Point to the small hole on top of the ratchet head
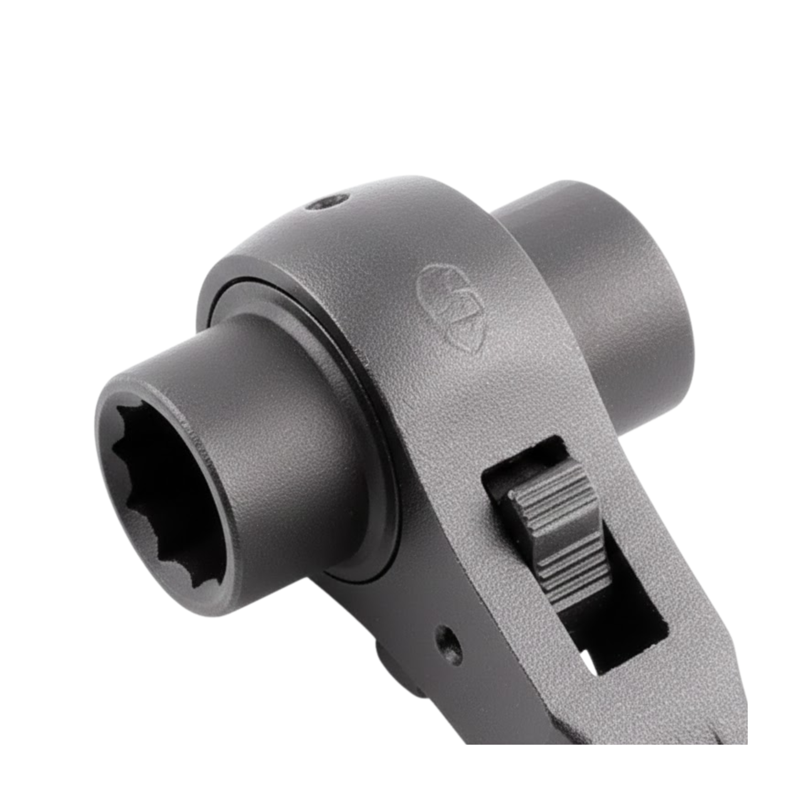pyautogui.click(x=327, y=202)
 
